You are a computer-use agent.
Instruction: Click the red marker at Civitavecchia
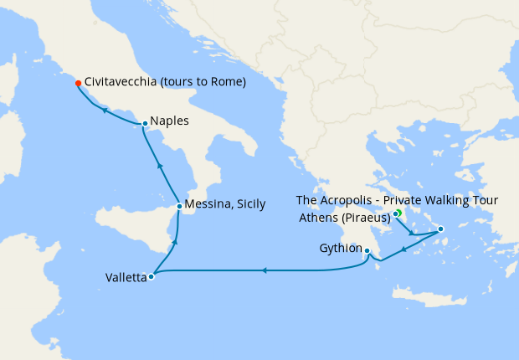(78, 83)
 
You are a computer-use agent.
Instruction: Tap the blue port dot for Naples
(145, 124)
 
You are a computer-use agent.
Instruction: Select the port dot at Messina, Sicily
(179, 206)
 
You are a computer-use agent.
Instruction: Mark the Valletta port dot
(151, 277)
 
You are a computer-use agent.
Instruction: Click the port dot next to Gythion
(367, 250)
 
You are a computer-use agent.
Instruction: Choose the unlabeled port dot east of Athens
(441, 229)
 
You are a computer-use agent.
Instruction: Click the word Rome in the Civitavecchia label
(226, 83)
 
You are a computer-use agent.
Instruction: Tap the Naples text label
(170, 121)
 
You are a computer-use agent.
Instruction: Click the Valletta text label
(126, 277)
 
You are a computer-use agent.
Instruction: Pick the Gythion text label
(340, 249)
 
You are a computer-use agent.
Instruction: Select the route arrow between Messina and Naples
(158, 166)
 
